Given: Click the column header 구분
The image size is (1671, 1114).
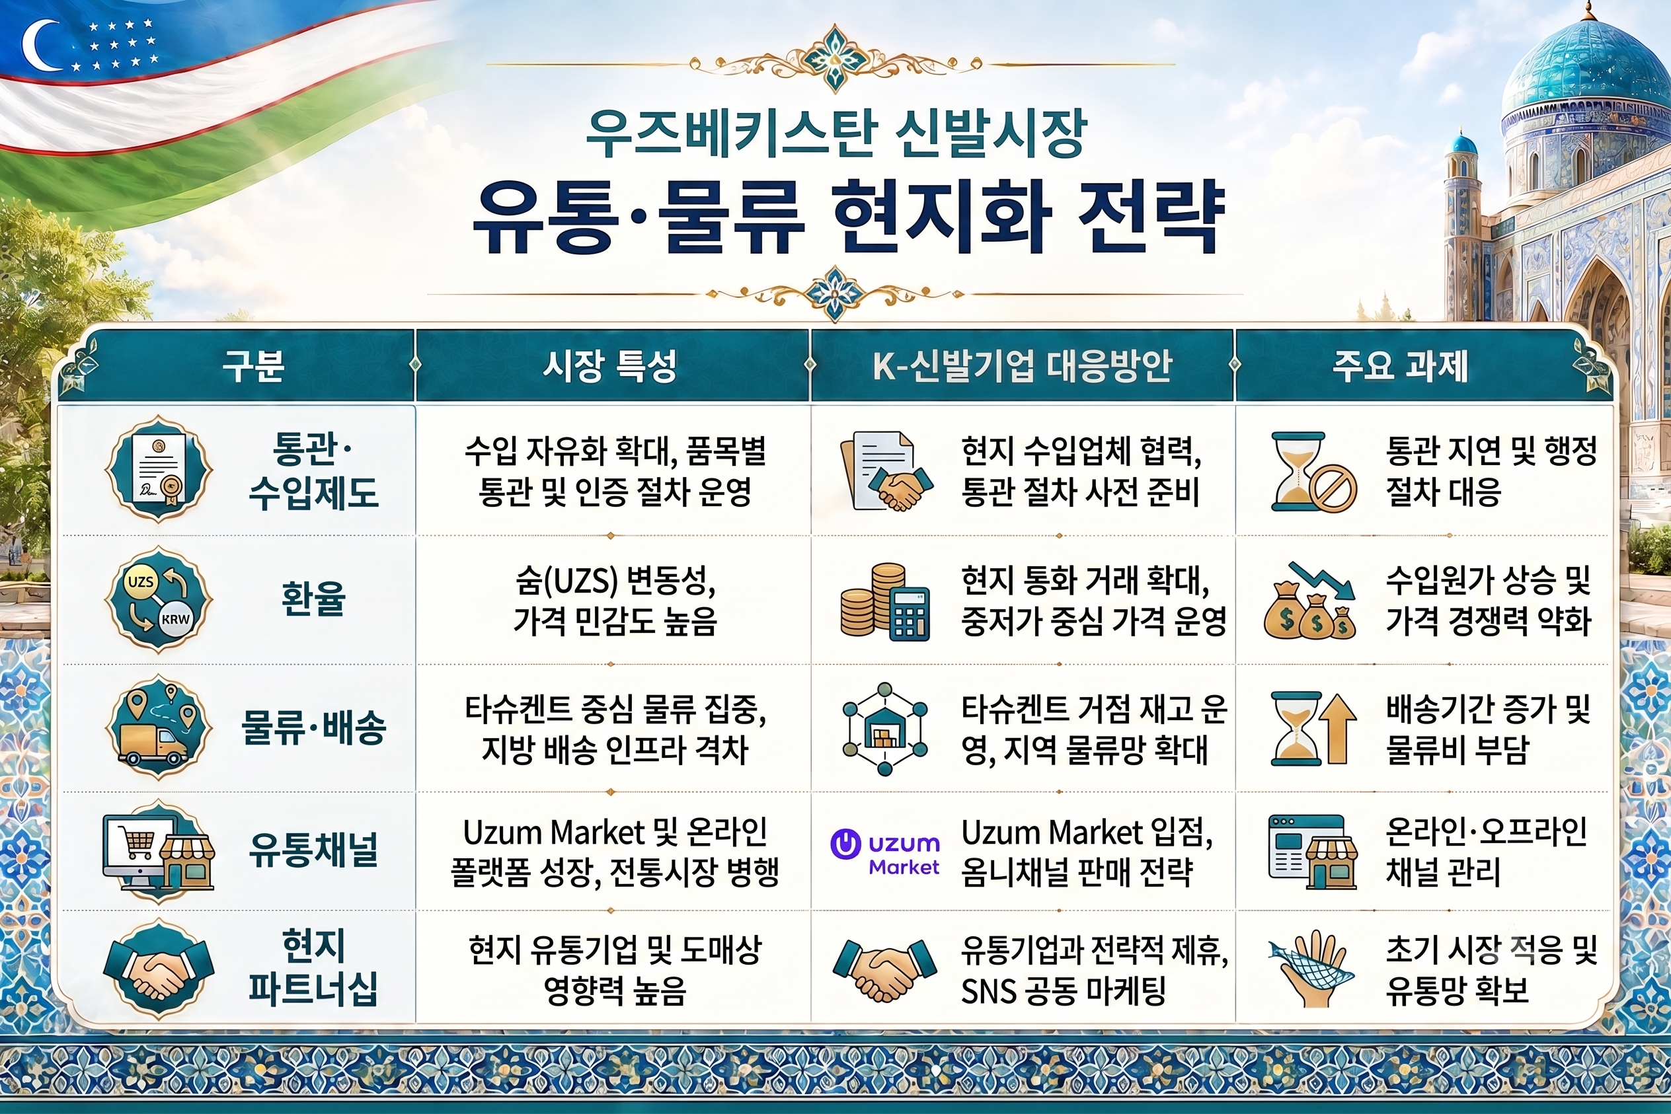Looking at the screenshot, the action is pos(253,366).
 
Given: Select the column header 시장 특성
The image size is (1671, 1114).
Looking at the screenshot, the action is pos(609,366).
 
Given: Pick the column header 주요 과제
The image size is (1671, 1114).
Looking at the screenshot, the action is pos(1399,366).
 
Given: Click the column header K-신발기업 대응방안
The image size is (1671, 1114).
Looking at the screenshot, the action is pos(1021,366).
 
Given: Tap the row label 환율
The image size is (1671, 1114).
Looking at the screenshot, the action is pos(313,598).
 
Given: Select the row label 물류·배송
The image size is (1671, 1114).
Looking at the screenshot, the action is pos(313,727).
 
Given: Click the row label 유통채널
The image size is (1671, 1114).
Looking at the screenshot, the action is pos(313,850).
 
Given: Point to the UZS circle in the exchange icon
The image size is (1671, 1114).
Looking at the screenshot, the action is pos(140,581).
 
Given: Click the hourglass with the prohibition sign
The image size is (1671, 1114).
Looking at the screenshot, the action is pos(1313,472).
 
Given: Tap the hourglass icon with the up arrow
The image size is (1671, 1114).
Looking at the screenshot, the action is pos(1309,729).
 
